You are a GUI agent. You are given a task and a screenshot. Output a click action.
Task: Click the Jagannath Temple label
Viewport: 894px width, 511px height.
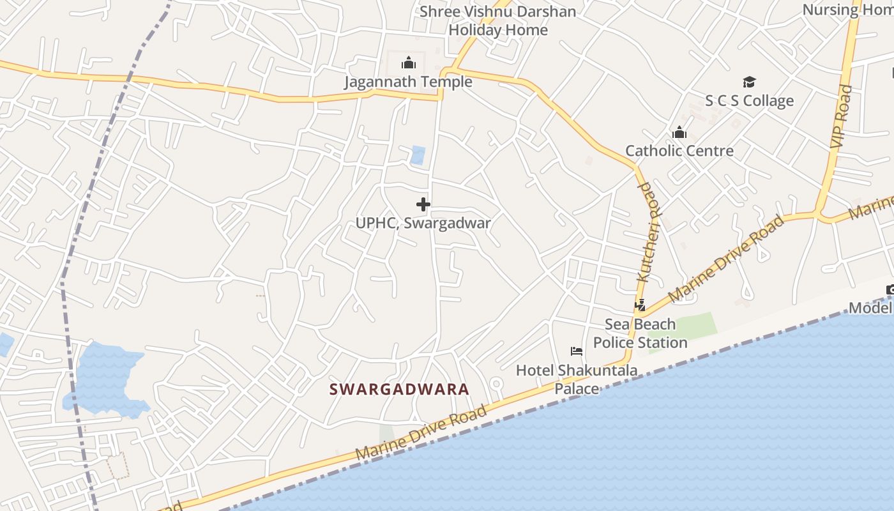[408, 82]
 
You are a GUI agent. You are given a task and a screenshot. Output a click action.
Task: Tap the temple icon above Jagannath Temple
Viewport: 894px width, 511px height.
[409, 63]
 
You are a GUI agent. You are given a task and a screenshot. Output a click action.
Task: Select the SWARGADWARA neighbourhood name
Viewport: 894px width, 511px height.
[399, 389]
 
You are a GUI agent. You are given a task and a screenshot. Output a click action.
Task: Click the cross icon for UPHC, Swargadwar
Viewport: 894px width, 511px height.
[423, 204]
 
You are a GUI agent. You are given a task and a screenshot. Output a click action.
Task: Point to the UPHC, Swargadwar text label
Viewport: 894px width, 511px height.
[423, 223]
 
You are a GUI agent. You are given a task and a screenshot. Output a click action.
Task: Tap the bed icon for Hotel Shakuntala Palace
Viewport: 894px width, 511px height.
[577, 351]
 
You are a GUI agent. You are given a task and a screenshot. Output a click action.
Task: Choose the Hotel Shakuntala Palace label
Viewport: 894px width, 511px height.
[576, 379]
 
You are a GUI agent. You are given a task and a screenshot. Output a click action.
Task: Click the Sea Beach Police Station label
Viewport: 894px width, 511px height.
[640, 333]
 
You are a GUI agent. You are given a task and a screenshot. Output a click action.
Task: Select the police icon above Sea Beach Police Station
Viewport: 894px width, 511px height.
[640, 305]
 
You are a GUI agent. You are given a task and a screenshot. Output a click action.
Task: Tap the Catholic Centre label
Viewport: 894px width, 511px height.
[679, 151]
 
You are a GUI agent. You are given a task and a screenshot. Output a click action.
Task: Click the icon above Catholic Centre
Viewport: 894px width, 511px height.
[679, 132]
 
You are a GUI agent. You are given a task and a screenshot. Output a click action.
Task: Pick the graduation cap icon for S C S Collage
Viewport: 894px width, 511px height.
[749, 82]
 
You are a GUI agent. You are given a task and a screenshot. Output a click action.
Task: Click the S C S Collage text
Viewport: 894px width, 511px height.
[749, 100]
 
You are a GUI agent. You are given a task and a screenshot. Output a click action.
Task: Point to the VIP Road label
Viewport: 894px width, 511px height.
[842, 117]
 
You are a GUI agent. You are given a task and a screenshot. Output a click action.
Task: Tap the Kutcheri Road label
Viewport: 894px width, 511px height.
[649, 231]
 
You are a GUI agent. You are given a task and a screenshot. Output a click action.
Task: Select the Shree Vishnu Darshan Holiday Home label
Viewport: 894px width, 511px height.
[498, 20]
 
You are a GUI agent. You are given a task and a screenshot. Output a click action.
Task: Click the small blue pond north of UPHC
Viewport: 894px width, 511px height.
[418, 155]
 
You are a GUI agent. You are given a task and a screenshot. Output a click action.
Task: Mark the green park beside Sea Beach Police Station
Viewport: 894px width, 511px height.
[686, 325]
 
